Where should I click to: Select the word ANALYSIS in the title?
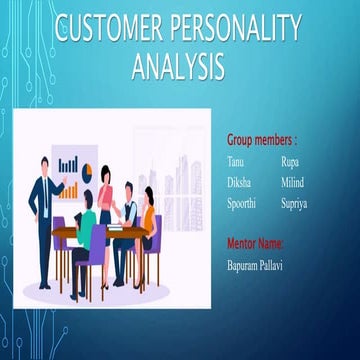(178, 67)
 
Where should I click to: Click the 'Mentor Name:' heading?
(255, 243)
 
